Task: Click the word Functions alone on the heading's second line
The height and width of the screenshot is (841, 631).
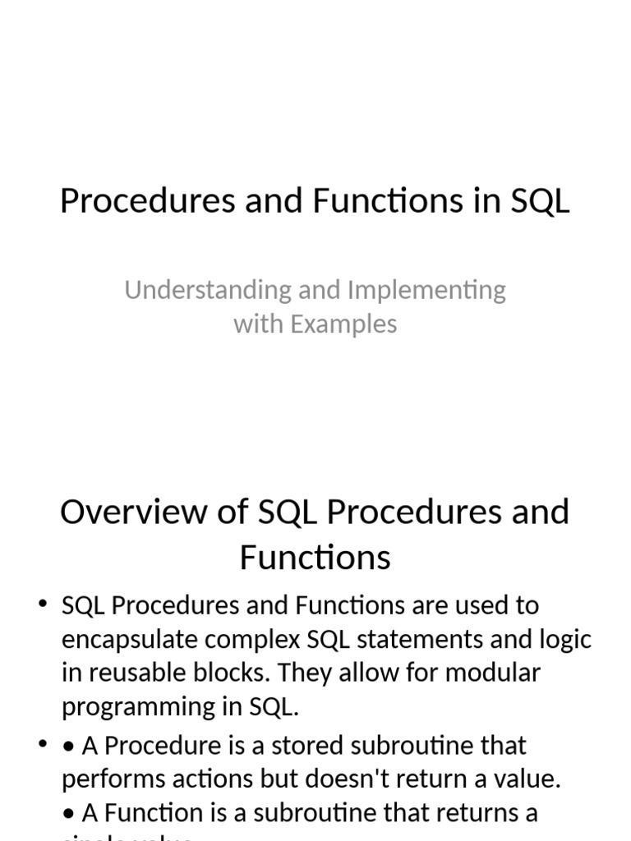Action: [315, 558]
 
